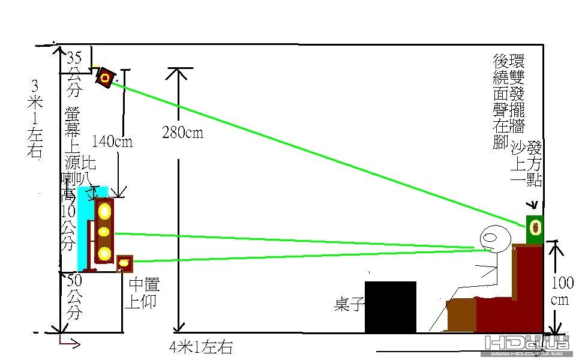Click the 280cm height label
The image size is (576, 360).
tap(182, 132)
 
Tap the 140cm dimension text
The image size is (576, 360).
tap(112, 142)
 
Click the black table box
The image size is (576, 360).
tap(391, 307)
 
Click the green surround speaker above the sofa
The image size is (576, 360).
tap(535, 227)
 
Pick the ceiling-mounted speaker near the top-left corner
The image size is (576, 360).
tap(106, 77)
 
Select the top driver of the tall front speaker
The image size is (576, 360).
tap(105, 211)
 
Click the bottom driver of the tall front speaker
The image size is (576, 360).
tap(105, 253)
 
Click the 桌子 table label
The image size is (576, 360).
tap(349, 305)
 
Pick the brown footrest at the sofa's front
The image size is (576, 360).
tap(461, 314)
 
